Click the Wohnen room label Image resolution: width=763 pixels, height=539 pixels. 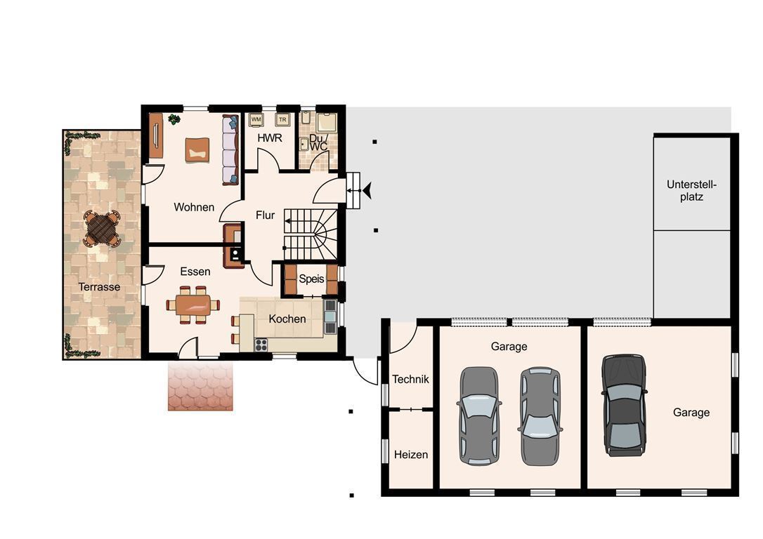tap(194, 207)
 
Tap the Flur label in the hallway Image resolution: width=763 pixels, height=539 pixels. tap(265, 215)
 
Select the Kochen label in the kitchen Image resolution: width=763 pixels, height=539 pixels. tap(287, 319)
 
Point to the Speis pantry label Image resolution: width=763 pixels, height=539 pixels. tap(311, 279)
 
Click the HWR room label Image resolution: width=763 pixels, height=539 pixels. tap(270, 138)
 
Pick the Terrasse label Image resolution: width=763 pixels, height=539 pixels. tap(99, 287)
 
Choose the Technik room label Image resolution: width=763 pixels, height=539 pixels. tap(411, 379)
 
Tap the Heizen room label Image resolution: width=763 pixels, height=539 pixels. tap(411, 455)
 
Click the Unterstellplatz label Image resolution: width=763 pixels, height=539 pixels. tap(692, 190)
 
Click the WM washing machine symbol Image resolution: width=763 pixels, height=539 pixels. tap(256, 119)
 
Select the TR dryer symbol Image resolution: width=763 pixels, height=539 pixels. tap(282, 119)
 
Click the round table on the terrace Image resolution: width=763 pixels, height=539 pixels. tap(102, 228)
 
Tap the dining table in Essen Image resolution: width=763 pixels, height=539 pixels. tap(193, 305)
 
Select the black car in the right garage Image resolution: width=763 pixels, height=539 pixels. tap(625, 406)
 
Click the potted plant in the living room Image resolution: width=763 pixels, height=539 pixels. tap(174, 119)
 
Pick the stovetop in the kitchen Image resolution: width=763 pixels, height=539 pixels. tap(261, 345)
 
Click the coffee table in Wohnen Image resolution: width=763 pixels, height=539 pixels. tap(197, 149)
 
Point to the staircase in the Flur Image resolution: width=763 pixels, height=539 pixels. tap(311, 234)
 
